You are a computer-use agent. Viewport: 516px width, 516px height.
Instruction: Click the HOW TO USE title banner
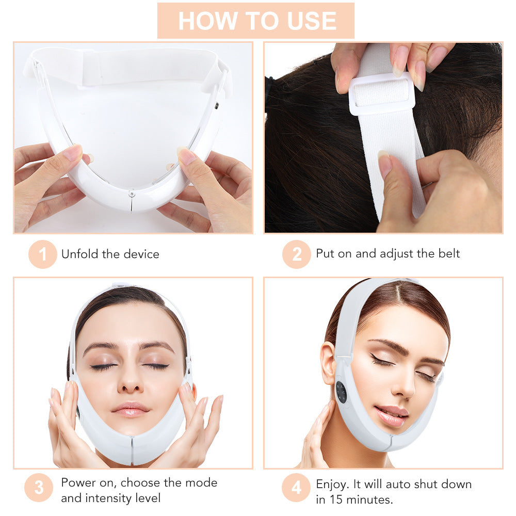click(256, 21)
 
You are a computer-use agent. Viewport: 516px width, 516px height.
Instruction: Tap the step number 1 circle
click(42, 254)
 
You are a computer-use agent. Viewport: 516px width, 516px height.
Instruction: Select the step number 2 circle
click(297, 254)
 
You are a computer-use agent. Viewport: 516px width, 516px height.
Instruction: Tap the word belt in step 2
click(447, 253)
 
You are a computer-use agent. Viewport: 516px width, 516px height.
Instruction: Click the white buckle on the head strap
click(382, 93)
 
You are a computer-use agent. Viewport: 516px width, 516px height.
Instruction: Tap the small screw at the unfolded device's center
click(132, 193)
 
